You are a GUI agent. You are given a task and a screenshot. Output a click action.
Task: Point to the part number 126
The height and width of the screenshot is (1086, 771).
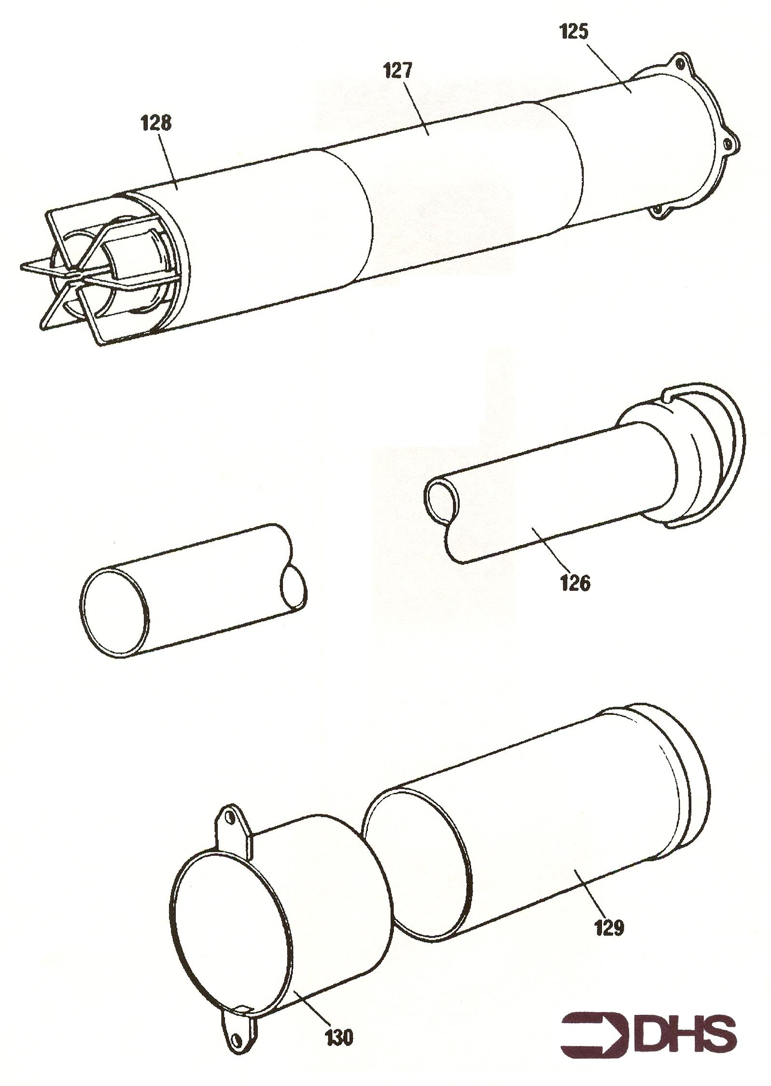coord(575,584)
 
